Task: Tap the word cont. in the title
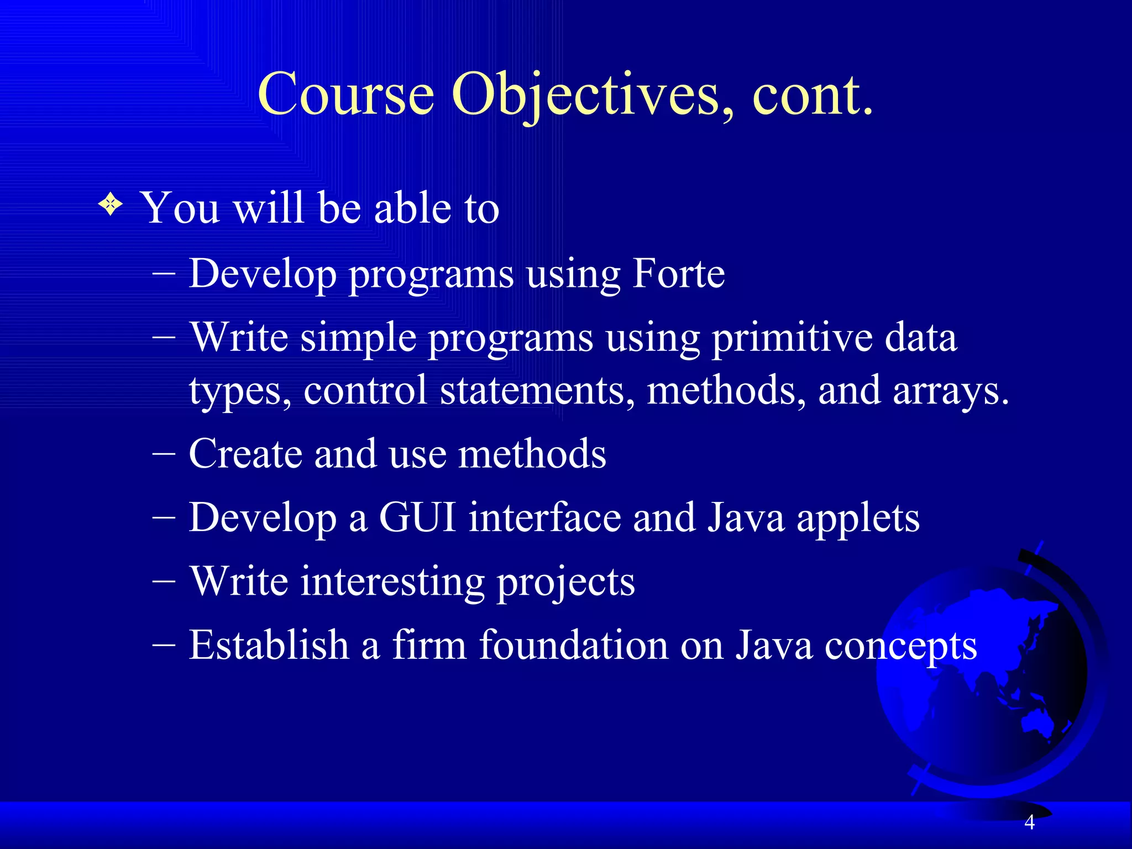click(813, 95)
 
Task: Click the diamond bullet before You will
click(111, 205)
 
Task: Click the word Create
click(245, 454)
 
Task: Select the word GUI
click(417, 518)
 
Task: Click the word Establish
click(269, 645)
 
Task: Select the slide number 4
click(1029, 822)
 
